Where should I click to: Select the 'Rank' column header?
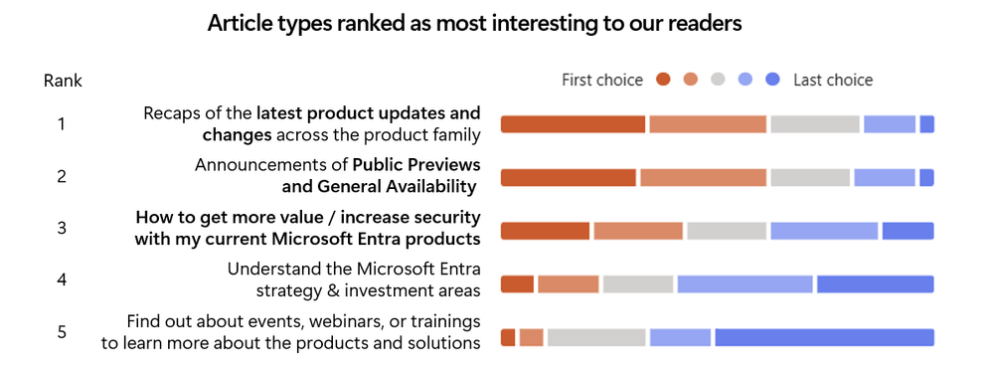[63, 81]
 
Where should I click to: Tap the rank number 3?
[62, 228]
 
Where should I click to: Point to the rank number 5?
[62, 332]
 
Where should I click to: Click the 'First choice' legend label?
[602, 81]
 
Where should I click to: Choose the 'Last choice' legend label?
[833, 81]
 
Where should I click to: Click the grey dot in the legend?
[718, 80]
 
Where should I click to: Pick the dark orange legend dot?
[663, 80]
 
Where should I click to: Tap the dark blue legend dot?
[772, 80]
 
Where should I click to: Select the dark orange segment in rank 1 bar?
[574, 124]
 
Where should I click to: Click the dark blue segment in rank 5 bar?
[825, 337]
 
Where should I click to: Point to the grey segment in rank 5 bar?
[596, 337]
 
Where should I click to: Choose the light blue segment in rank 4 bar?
[745, 284]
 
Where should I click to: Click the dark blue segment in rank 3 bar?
[909, 231]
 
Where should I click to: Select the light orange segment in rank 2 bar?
[703, 178]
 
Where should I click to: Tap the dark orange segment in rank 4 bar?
[518, 284]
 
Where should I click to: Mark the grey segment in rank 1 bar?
[815, 124]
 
